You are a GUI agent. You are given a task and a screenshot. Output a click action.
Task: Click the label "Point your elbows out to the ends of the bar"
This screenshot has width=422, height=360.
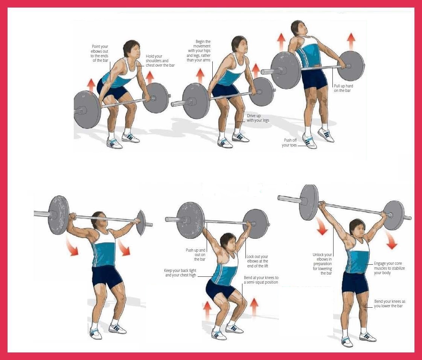pyautogui.click(x=99, y=53)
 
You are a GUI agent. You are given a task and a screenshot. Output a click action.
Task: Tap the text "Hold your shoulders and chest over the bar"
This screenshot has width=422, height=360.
pyautogui.click(x=160, y=61)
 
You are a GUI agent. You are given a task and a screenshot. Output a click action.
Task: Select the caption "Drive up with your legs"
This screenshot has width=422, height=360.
pyautogui.click(x=257, y=118)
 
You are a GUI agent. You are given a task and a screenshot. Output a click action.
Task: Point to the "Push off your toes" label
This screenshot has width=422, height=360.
pyautogui.click(x=289, y=143)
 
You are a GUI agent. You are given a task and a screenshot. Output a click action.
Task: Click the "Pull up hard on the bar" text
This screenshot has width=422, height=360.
pyautogui.click(x=343, y=88)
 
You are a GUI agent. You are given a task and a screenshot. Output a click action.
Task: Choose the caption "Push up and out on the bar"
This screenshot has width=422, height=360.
pyautogui.click(x=195, y=255)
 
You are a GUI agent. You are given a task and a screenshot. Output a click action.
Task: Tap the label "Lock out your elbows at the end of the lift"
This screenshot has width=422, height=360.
pyautogui.click(x=257, y=261)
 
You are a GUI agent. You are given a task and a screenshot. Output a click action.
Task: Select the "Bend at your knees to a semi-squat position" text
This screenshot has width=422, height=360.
pyautogui.click(x=261, y=280)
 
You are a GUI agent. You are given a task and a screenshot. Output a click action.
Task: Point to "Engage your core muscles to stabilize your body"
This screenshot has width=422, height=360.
pyautogui.click(x=389, y=268)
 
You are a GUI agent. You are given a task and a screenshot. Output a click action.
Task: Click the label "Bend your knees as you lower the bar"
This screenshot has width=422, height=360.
pyautogui.click(x=390, y=304)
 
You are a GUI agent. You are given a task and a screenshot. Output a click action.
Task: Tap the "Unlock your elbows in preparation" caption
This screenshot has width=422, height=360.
pyautogui.click(x=322, y=264)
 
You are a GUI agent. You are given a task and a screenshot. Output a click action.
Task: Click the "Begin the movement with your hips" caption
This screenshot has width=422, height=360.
pyautogui.click(x=198, y=50)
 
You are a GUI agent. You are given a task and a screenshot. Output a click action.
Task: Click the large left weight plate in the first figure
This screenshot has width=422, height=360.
pyautogui.click(x=87, y=110)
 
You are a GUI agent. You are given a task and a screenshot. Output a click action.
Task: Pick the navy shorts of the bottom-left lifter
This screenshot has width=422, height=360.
pyautogui.click(x=107, y=277)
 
